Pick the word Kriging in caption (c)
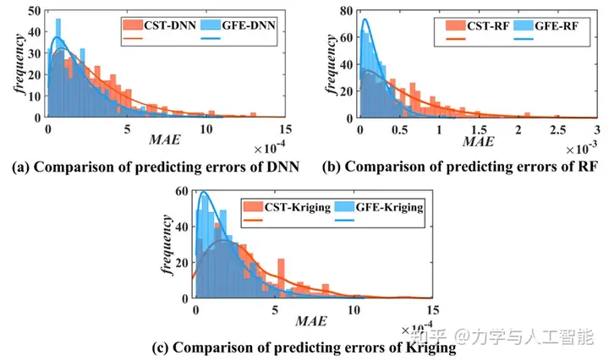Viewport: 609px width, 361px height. [432, 347]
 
